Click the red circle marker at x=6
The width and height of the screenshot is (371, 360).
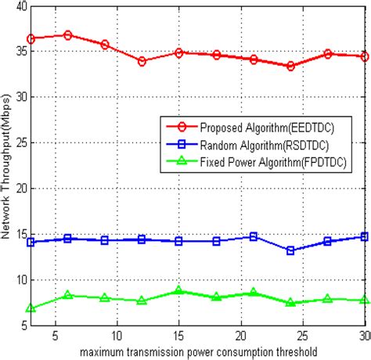[68, 35]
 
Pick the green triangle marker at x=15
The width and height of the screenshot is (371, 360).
[179, 290]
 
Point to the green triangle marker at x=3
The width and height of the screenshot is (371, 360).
[31, 308]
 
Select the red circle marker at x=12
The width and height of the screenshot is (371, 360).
[142, 61]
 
